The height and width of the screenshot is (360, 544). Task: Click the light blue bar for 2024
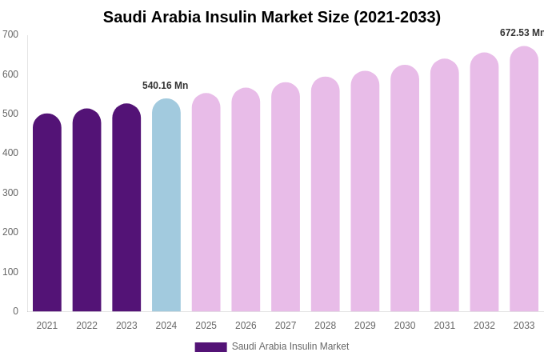[x=166, y=206]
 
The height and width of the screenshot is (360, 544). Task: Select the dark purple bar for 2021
[x=47, y=214]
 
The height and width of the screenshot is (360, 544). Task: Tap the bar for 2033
[x=524, y=180]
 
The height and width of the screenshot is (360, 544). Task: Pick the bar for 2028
[x=325, y=195]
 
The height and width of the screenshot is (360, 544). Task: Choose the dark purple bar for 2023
[x=126, y=209]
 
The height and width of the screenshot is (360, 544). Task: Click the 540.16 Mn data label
[x=165, y=86]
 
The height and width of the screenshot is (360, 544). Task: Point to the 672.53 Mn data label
[x=522, y=33]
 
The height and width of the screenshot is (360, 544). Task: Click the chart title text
[x=272, y=17]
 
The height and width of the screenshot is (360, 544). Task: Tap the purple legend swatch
[x=210, y=347]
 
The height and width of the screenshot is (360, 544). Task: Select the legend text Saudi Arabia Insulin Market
[x=290, y=346]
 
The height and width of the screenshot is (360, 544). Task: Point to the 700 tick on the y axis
[x=10, y=34]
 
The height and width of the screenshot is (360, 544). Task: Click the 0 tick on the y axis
[x=15, y=311]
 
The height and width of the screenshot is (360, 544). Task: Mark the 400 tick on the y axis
[x=10, y=153]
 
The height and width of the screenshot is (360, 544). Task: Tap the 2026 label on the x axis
[x=246, y=326]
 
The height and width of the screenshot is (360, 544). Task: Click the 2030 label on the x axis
[x=405, y=326]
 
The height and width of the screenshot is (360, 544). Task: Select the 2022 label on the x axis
[x=86, y=326]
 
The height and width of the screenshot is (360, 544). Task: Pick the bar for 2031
[x=445, y=186]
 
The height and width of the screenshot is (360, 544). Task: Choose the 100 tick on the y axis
[x=10, y=272]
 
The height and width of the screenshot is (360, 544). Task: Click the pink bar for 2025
[x=206, y=203]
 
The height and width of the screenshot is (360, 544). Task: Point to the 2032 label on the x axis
[x=484, y=326]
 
